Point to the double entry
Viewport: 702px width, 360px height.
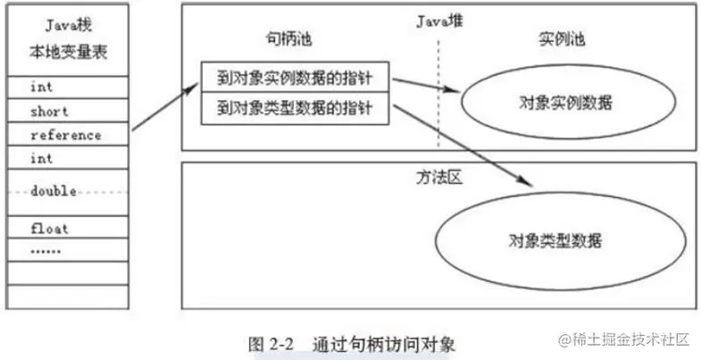click(x=54, y=191)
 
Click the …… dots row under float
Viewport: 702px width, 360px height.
click(x=46, y=251)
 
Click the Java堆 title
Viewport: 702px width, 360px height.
click(x=439, y=20)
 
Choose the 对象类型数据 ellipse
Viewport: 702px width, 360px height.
click(x=553, y=240)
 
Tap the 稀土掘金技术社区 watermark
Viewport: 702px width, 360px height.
click(x=624, y=339)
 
